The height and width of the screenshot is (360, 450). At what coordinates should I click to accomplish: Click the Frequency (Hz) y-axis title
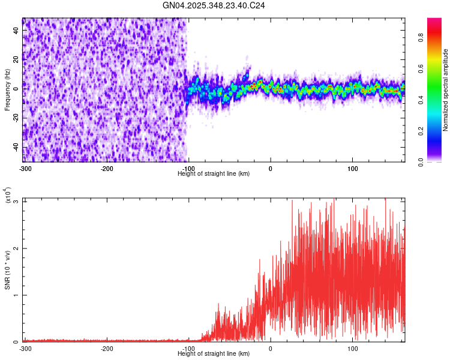click(8, 90)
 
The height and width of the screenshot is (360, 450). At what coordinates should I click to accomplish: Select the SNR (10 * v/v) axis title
click(8, 270)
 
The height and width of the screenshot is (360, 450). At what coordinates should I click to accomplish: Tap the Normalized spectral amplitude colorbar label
click(446, 90)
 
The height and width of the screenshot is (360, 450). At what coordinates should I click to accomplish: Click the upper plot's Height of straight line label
click(214, 173)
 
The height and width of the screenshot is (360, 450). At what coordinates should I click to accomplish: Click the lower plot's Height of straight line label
click(214, 353)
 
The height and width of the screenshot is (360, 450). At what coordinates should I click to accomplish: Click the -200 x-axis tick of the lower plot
click(107, 349)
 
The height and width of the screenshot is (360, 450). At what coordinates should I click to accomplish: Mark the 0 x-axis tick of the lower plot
click(271, 349)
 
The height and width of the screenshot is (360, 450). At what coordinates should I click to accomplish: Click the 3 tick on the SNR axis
click(16, 201)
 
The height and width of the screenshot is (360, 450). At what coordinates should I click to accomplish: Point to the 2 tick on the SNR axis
click(16, 248)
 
